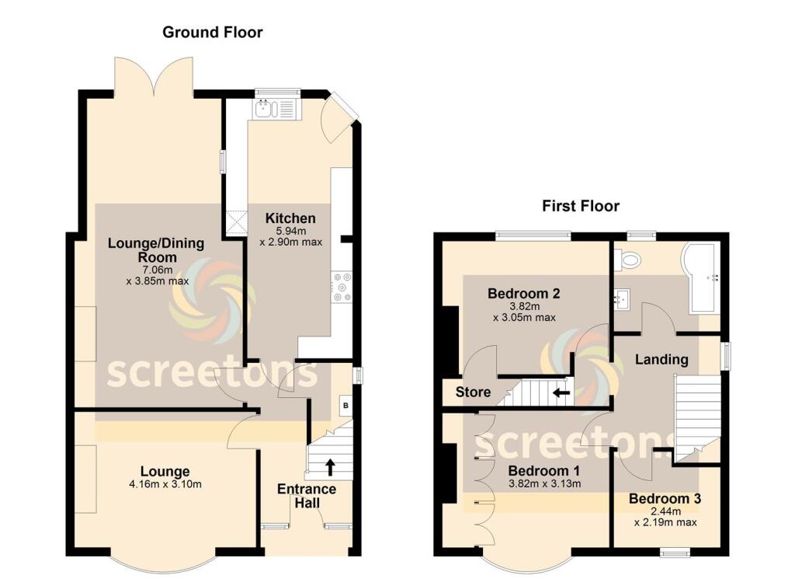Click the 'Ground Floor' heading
tap(212, 33)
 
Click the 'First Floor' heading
tap(580, 206)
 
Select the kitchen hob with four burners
tap(341, 287)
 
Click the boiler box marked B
tap(346, 405)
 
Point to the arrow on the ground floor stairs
tap(330, 466)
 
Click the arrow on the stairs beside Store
tap(561, 392)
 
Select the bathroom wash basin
tap(623, 297)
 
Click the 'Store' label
tap(473, 392)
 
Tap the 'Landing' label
tap(661, 359)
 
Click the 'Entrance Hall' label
tap(307, 496)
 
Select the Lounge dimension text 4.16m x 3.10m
tap(165, 485)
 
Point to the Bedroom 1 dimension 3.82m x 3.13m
tap(544, 484)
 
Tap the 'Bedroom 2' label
tap(524, 294)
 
